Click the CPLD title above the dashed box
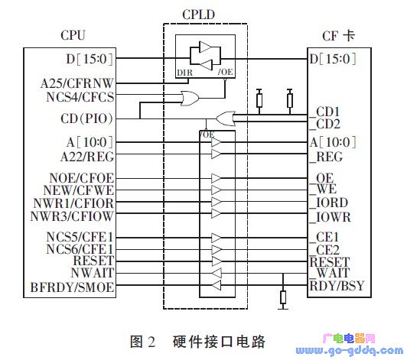[x=199, y=15]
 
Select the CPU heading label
[x=73, y=35]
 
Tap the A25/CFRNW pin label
[x=77, y=83]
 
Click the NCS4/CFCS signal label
[x=80, y=97]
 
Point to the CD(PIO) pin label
[x=87, y=118]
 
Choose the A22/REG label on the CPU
[x=87, y=157]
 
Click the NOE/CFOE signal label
[x=82, y=178]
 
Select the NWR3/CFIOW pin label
[x=72, y=216]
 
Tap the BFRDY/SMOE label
[x=73, y=287]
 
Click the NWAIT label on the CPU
[x=93, y=273]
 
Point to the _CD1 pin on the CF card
[x=325, y=112]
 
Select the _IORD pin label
[x=329, y=203]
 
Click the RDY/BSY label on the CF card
[x=337, y=286]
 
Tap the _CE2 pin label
[x=325, y=250]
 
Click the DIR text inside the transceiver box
[x=185, y=73]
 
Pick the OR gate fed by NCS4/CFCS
[x=190, y=99]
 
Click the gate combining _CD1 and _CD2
[x=226, y=118]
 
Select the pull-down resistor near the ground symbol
[x=283, y=297]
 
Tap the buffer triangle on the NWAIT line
[x=217, y=273]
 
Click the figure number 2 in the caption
[x=151, y=342]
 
